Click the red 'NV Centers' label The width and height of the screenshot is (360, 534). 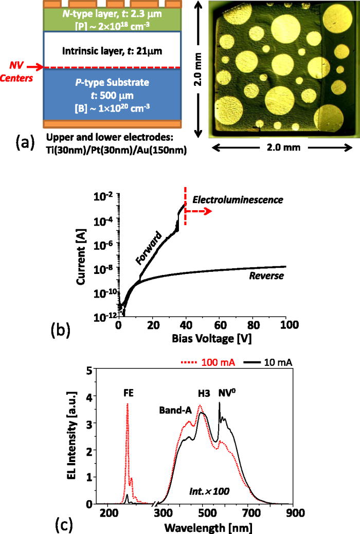click(16, 71)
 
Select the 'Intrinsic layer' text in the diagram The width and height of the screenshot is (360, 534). click(112, 51)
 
